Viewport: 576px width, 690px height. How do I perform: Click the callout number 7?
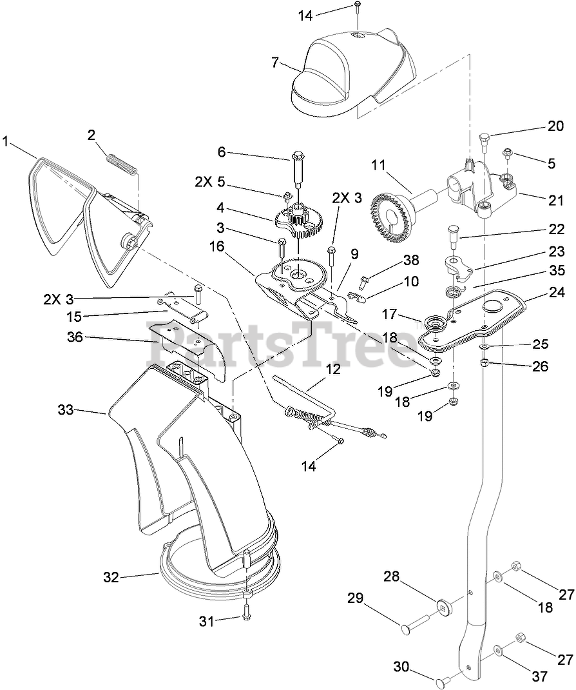coord(275,63)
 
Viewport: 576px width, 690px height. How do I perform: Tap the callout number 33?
coord(66,409)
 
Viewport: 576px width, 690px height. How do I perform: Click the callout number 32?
coord(111,577)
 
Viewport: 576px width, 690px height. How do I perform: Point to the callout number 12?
coord(332,370)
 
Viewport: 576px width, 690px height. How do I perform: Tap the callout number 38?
coord(410,260)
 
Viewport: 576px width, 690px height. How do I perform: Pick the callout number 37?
coord(539,676)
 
